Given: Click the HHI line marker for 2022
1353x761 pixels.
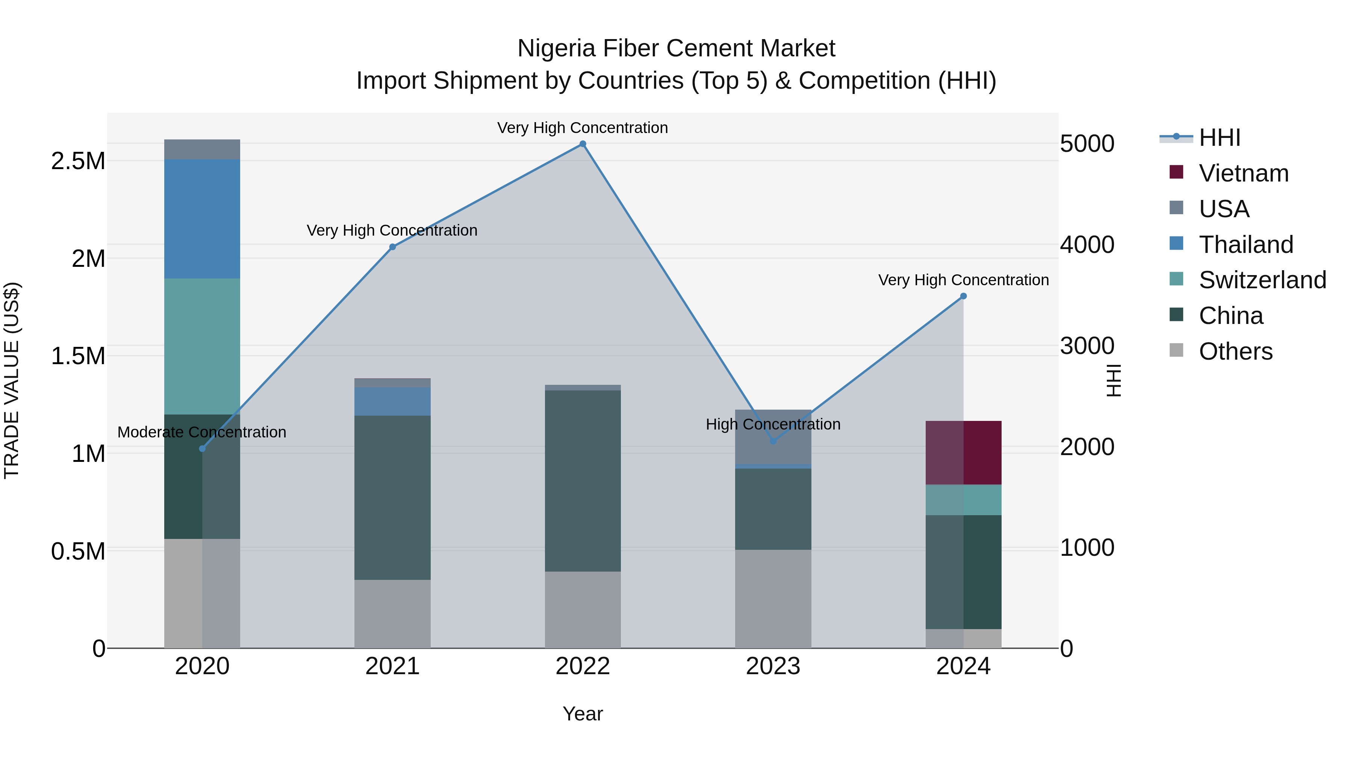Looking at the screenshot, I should [x=583, y=144].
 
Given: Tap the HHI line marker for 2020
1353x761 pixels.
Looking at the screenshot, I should [x=202, y=448].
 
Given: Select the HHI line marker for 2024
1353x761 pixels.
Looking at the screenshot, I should [x=963, y=296].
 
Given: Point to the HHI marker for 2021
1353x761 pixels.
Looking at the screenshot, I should [x=392, y=247].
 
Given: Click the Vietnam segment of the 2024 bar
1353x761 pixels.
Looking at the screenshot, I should [x=963, y=453].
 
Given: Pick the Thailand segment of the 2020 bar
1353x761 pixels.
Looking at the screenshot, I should [x=202, y=219].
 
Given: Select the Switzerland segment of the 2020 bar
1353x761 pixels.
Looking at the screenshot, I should [x=202, y=346].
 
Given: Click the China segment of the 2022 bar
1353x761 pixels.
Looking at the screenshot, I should [x=583, y=481].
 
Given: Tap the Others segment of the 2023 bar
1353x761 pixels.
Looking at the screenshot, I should [x=773, y=599].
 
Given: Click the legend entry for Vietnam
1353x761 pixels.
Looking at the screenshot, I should [x=1243, y=173].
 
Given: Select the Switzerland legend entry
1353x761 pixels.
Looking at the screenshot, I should [x=1262, y=280].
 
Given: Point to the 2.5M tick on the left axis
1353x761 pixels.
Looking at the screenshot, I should [x=78, y=161].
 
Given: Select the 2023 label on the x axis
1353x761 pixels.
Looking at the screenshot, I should [x=773, y=666].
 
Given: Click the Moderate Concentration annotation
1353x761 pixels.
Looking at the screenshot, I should [x=202, y=432].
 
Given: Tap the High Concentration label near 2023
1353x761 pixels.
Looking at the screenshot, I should [x=773, y=424].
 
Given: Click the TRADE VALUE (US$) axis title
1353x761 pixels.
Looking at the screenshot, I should [x=12, y=380].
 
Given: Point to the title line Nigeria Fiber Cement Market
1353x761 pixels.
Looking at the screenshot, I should [x=676, y=48].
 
